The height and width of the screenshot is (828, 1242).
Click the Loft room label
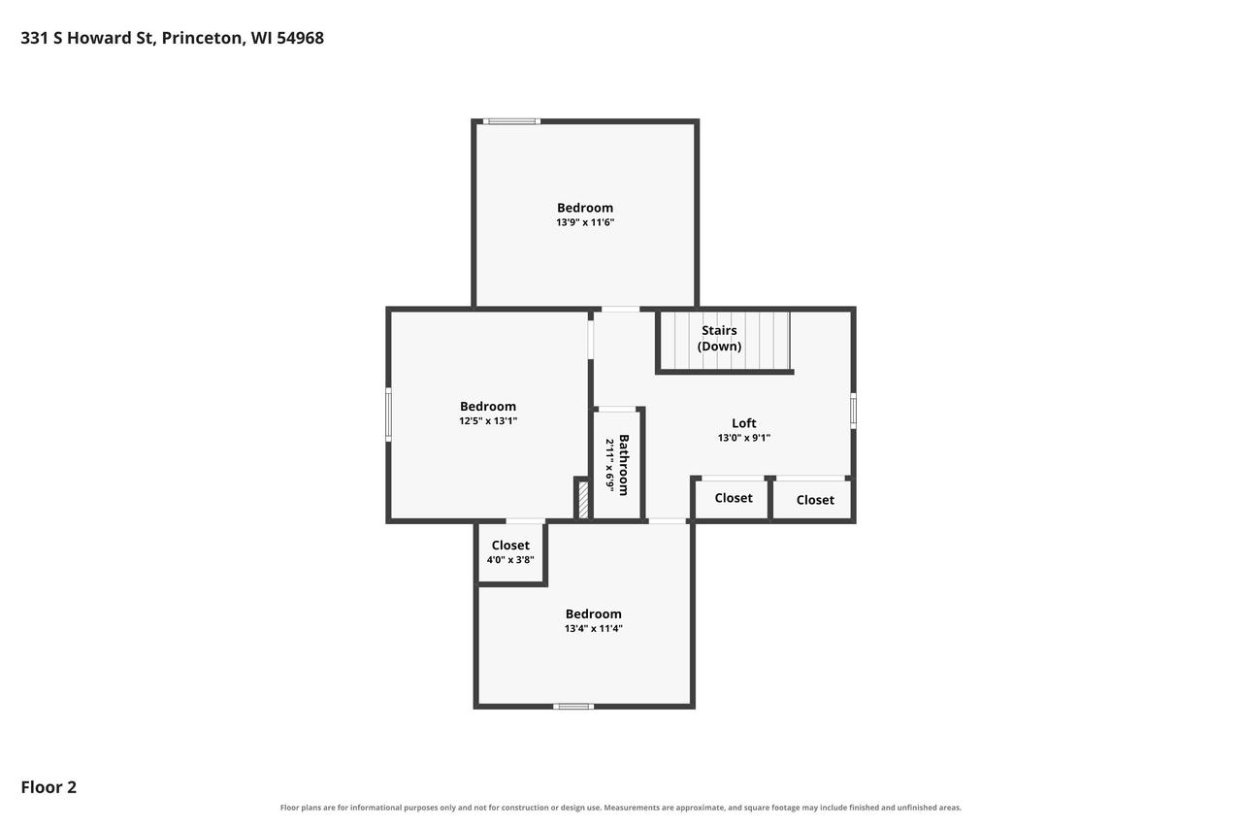[x=743, y=423]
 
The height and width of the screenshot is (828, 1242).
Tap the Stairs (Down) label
[x=719, y=339]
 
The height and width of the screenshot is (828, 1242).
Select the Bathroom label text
[x=624, y=465]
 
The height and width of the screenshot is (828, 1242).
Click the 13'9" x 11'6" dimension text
[x=585, y=222]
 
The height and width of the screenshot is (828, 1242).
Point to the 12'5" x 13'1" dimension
[x=488, y=421]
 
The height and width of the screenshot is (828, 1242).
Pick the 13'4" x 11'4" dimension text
[x=593, y=628]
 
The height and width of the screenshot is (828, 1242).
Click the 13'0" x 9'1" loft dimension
[x=743, y=438]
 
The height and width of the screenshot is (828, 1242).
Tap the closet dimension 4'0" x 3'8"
[x=510, y=559]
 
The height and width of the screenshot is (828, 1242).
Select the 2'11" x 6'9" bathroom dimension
[x=609, y=465]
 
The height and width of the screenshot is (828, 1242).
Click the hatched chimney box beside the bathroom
[x=583, y=500]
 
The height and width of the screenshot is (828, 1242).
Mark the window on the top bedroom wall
[x=511, y=121]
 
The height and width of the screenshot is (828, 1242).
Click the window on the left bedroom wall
[x=389, y=414]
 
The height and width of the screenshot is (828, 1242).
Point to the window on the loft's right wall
[x=853, y=411]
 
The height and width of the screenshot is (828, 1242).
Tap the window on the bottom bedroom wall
[x=573, y=707]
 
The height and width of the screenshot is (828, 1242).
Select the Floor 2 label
[x=49, y=787]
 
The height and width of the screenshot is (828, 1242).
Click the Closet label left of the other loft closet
[x=733, y=498]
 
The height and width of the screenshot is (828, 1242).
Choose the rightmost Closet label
[x=815, y=500]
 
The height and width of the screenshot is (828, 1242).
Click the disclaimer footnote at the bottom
[x=620, y=808]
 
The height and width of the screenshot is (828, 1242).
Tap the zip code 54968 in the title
[x=300, y=38]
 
